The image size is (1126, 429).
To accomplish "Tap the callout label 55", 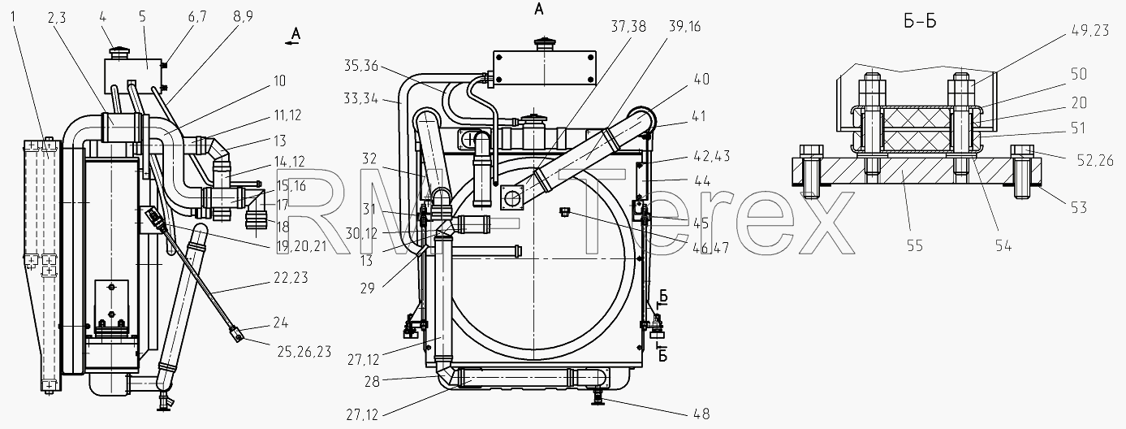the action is (914, 245).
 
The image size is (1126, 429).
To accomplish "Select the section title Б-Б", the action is (920, 22).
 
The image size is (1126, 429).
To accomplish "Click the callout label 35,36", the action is (361, 66).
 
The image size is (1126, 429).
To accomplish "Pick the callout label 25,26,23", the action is (304, 352).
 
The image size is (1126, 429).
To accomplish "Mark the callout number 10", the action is (279, 81).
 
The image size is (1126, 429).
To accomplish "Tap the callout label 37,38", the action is (628, 27).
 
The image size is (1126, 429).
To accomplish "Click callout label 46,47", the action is (710, 248).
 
